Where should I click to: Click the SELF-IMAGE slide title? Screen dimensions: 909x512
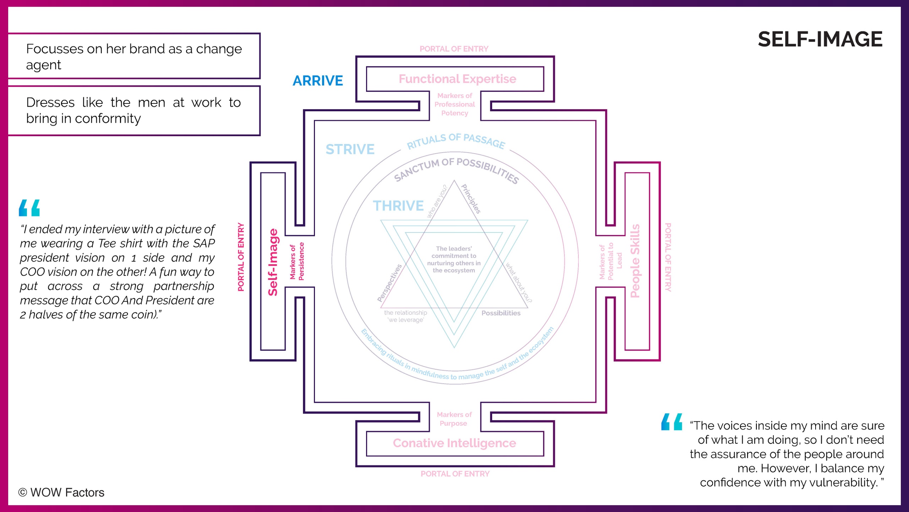coord(820,39)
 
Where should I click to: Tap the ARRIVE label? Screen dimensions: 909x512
coord(318,81)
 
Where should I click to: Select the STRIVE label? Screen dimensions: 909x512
coord(350,149)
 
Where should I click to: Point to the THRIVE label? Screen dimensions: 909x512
coord(398,206)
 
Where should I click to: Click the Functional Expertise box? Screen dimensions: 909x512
coord(457,79)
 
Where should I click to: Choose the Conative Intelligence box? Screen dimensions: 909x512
coord(454,443)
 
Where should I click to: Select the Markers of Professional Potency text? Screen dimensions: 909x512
coord(454,104)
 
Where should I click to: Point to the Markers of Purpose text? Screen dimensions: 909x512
coord(454,419)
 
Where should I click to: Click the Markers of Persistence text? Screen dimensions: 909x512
coord(297,261)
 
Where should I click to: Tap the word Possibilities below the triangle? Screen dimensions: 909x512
coord(501,313)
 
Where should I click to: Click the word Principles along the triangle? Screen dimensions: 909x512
coord(471,199)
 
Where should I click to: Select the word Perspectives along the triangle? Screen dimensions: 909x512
coord(390,283)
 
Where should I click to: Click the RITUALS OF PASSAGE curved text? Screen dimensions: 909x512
coord(456,141)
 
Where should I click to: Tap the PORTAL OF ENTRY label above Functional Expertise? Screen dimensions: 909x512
coord(454,49)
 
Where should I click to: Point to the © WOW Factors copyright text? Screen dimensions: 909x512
coord(61,492)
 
